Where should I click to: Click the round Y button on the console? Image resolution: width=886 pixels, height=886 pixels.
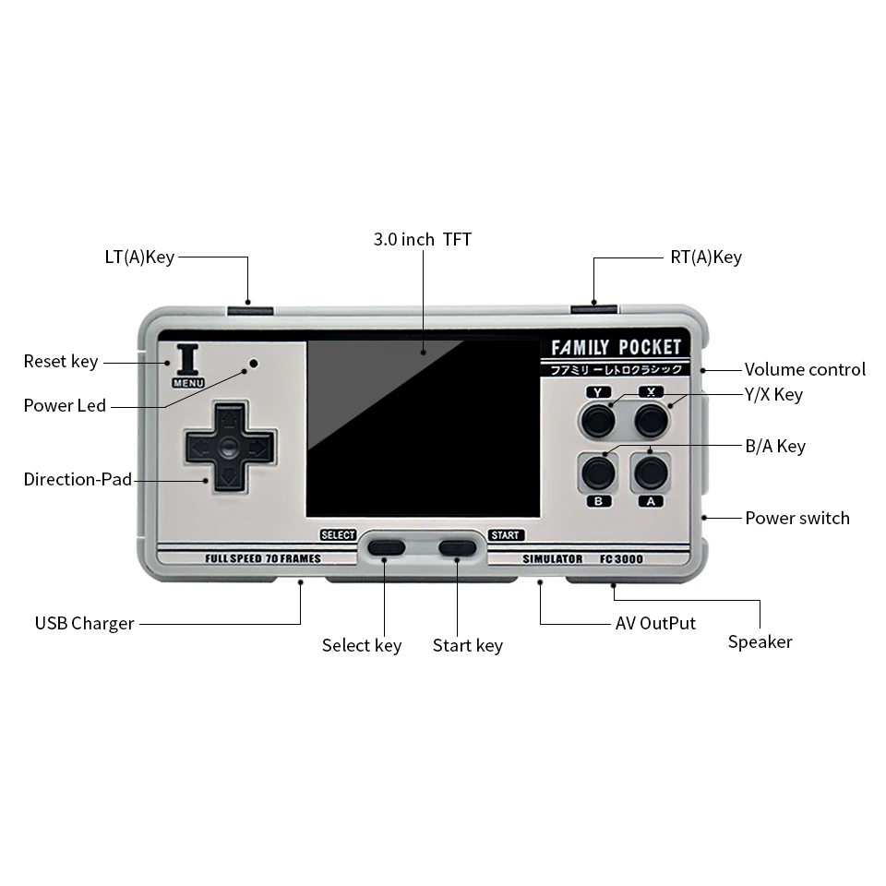598,422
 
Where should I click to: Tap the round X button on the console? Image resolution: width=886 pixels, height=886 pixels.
652,422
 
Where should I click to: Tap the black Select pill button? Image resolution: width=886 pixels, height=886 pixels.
386,546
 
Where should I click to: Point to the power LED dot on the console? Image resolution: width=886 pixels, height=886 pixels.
254,364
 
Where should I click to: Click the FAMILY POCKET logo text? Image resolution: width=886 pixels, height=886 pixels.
616,348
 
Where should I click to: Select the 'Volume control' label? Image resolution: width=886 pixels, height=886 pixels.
805,370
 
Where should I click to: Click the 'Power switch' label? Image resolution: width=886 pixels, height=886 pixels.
797,518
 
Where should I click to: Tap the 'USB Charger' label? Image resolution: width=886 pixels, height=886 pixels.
85,623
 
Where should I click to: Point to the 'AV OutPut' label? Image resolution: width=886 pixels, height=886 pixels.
655,623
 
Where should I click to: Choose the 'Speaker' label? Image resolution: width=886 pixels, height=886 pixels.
760,642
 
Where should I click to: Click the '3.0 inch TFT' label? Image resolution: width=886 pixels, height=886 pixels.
422,240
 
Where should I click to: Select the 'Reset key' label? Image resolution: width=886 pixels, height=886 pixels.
61,362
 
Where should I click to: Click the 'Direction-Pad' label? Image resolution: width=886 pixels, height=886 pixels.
78,480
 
